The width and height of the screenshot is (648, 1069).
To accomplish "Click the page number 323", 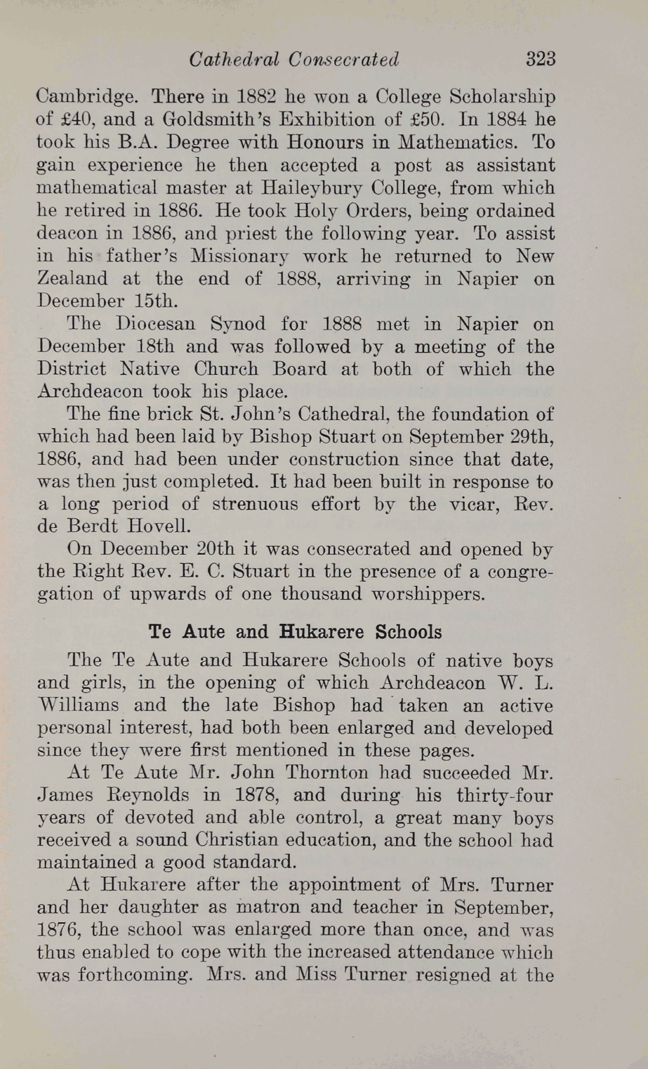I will (540, 59).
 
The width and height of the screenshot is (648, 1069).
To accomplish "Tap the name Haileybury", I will (301, 188).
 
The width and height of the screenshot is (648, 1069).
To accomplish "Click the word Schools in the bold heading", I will (408, 632).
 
